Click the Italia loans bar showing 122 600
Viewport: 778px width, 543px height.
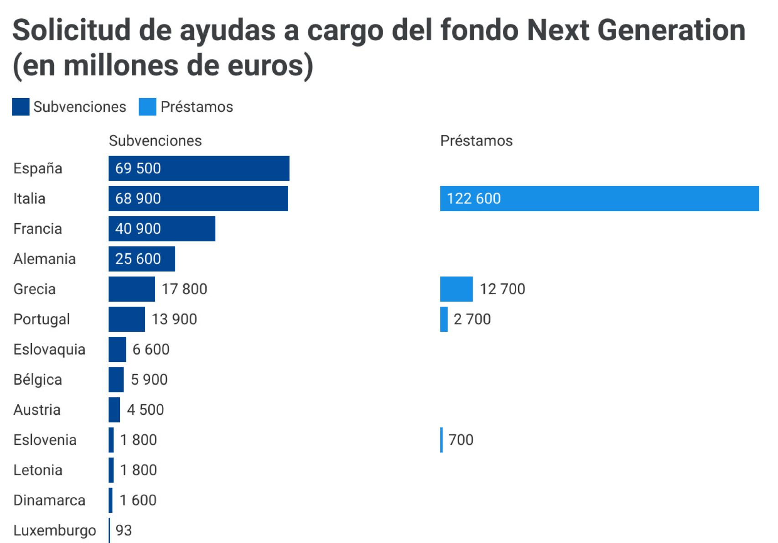[599, 198]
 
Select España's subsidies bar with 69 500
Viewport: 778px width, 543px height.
[199, 168]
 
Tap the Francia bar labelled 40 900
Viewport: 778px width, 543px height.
[162, 229]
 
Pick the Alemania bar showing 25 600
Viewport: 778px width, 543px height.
[142, 259]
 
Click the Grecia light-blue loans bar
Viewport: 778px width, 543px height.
[456, 289]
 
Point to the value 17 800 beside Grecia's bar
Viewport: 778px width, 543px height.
[184, 289]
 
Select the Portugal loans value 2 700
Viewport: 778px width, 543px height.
[472, 319]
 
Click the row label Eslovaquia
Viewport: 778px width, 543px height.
[49, 349]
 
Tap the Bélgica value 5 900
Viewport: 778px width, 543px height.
[149, 379]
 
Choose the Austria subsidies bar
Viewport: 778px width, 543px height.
[114, 409]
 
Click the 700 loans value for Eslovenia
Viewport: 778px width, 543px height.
[461, 439]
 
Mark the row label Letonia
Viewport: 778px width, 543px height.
[38, 470]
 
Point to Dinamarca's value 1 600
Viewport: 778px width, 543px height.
[138, 500]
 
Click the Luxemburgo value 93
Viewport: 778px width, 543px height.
[124, 530]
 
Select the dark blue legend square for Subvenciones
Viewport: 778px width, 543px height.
[21, 107]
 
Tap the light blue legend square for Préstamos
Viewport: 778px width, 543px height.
[147, 107]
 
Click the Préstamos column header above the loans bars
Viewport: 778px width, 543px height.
[476, 141]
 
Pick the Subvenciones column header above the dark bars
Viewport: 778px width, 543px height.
[155, 141]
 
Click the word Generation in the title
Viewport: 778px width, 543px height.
[671, 30]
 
